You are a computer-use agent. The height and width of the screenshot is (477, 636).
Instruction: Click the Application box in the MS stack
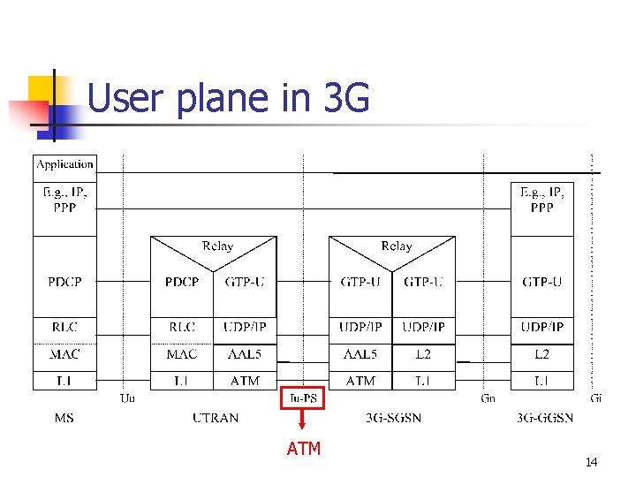[x=64, y=164]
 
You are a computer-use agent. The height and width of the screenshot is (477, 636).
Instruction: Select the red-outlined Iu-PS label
[x=303, y=398]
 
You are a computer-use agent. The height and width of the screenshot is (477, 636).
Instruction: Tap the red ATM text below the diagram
[x=303, y=449]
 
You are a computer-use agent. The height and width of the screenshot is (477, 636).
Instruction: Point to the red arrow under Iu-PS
[x=303, y=422]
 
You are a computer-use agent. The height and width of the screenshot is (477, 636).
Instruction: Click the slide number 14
[x=591, y=463]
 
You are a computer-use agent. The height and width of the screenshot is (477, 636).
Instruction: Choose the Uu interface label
[x=128, y=398]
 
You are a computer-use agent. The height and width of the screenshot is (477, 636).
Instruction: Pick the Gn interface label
[x=488, y=398]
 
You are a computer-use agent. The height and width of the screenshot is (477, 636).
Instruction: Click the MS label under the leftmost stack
[x=64, y=418]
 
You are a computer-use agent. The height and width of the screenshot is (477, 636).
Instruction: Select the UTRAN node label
[x=216, y=418]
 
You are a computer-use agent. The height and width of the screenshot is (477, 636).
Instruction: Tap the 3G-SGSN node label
[x=392, y=418]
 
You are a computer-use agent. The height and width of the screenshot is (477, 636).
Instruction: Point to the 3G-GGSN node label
[x=545, y=418]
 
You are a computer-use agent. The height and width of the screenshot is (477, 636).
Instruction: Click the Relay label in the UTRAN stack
[x=217, y=246]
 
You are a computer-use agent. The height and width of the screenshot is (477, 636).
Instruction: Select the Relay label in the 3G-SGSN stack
[x=396, y=246]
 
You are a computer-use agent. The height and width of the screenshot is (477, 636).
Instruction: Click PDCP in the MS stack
[x=64, y=283]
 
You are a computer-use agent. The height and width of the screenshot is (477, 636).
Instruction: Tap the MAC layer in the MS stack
[x=64, y=354]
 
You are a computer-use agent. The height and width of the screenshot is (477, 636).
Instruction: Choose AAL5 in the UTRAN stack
[x=244, y=354]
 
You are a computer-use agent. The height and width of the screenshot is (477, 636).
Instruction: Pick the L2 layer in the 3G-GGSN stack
[x=541, y=354]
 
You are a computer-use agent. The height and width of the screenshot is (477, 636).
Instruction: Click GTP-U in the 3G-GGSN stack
[x=541, y=283]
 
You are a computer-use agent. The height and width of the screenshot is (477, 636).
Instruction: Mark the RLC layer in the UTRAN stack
[x=182, y=328]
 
